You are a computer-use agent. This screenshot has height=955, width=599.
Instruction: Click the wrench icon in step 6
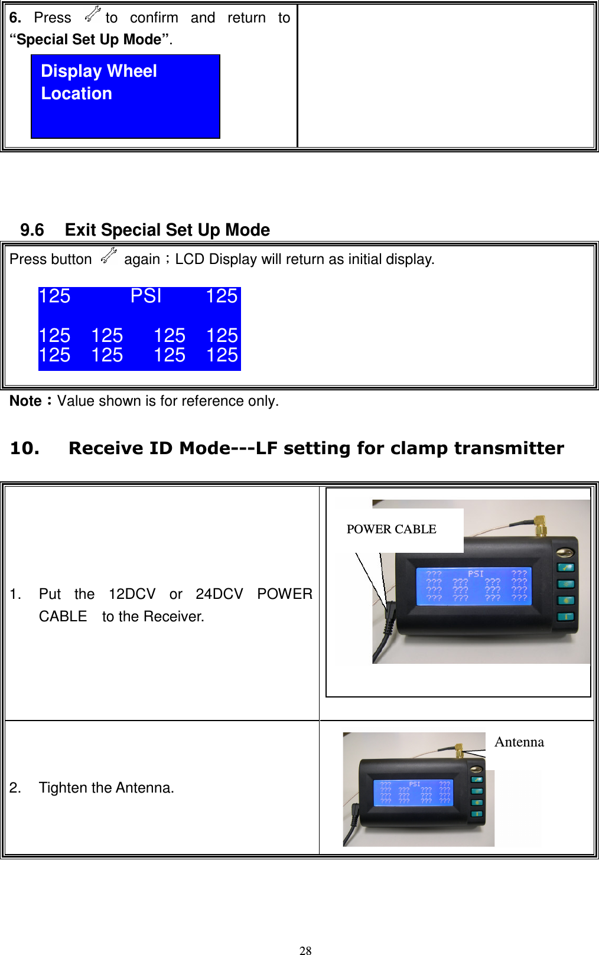(93, 15)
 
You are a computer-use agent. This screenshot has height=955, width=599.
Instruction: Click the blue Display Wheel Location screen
(125, 96)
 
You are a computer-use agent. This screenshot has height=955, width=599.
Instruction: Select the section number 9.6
(32, 230)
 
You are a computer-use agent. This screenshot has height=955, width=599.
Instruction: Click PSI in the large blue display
(145, 295)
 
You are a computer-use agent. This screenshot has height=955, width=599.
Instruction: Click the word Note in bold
(25, 401)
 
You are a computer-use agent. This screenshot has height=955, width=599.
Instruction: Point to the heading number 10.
(25, 448)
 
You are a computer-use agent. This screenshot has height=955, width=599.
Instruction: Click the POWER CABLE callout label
(391, 529)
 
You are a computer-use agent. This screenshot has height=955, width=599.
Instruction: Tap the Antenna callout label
(519, 742)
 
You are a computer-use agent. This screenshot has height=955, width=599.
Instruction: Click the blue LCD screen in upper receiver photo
(474, 586)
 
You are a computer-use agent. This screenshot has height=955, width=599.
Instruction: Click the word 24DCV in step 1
(219, 594)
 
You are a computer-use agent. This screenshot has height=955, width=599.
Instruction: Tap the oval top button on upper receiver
(565, 553)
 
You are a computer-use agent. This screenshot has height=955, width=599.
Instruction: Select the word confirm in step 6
(154, 18)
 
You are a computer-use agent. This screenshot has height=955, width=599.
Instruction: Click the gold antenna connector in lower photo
(458, 750)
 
